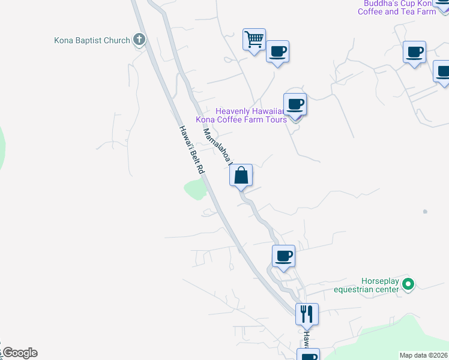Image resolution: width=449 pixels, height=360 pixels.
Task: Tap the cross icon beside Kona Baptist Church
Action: pyautogui.click(x=139, y=40)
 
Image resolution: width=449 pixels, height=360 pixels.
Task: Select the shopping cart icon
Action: pyautogui.click(x=254, y=40)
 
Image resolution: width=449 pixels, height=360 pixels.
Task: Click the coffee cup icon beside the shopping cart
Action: pyautogui.click(x=277, y=52)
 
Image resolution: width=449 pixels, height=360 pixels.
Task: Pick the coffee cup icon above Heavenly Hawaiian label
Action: pyautogui.click(x=295, y=104)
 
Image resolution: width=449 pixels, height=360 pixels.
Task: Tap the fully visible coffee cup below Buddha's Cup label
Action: pyautogui.click(x=414, y=52)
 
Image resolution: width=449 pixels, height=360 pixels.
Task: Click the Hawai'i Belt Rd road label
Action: pyautogui.click(x=191, y=150)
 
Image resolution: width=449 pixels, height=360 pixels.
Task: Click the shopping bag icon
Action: pyautogui.click(x=241, y=176)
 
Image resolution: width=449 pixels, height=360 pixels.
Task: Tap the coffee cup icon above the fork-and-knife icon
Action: pyautogui.click(x=283, y=256)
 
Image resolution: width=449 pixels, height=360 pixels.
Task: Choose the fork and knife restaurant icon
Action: pyautogui.click(x=307, y=313)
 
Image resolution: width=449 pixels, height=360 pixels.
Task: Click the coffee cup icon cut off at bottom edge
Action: pyautogui.click(x=309, y=355)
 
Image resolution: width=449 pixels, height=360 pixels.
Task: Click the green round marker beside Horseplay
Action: pyautogui.click(x=408, y=284)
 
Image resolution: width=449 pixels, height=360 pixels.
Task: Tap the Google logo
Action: pyautogui.click(x=19, y=353)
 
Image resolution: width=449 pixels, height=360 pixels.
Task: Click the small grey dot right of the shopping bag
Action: pyautogui.click(x=425, y=212)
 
